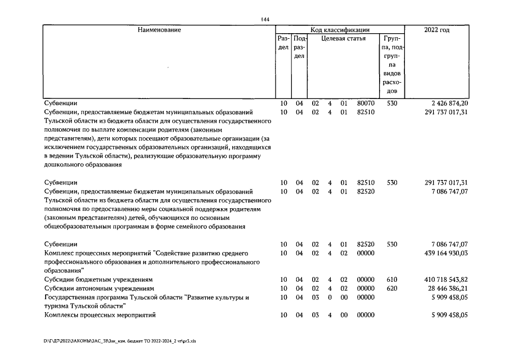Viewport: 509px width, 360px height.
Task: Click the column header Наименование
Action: [160, 30]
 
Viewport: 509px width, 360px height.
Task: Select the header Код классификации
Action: [340, 30]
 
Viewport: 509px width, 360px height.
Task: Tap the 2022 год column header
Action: [436, 30]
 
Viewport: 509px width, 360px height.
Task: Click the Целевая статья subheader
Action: [343, 39]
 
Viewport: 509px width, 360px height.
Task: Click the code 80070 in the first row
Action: [366, 103]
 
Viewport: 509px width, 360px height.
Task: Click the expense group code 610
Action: [392, 280]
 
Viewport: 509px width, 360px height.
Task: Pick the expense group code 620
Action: [392, 288]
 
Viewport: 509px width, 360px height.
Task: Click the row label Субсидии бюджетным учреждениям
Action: [99, 280]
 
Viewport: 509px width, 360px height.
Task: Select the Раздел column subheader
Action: [283, 43]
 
